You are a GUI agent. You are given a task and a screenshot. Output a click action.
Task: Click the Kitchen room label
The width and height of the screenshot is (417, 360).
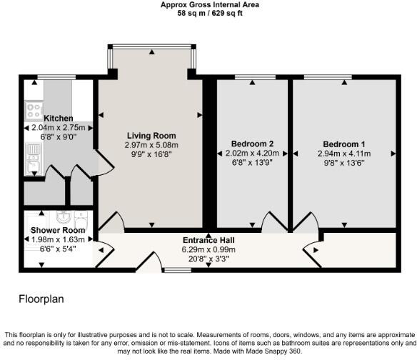coord(59,118)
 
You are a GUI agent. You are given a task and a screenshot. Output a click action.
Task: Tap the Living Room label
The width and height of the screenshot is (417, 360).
coord(151,136)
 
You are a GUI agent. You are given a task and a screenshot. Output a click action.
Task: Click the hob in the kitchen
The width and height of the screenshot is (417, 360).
coord(34,110)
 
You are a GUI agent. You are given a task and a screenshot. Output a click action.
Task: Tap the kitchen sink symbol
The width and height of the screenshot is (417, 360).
coord(33,157)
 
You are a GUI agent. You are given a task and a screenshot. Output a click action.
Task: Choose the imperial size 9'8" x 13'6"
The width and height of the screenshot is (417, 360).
coord(343,162)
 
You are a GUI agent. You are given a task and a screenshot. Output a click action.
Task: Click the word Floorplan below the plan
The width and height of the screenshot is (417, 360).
coord(41,299)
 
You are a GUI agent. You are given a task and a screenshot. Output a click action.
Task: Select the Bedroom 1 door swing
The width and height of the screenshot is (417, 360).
coord(309,222)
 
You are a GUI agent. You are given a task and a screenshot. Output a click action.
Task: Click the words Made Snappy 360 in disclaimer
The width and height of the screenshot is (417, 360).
coord(276,351)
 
